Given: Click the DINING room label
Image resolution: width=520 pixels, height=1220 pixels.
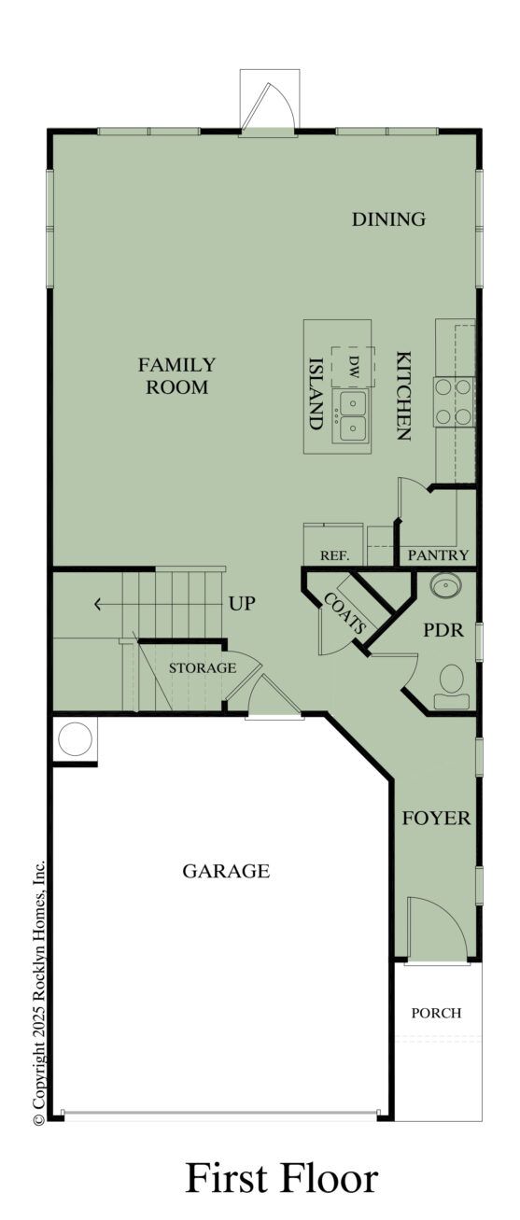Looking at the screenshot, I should (388, 219).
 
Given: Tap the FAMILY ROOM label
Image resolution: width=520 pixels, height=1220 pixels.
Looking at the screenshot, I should (176, 375).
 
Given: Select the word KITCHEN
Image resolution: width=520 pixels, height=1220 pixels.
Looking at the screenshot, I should (403, 395).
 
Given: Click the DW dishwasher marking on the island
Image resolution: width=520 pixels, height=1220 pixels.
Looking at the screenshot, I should (354, 367).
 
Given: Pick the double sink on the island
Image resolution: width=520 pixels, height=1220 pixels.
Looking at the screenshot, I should (353, 415).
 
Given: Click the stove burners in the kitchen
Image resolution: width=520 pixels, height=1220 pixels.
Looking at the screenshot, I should (455, 400).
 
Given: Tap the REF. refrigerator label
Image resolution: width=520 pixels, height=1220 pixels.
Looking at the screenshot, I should (334, 554).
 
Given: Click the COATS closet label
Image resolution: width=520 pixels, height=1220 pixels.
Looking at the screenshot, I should (344, 613).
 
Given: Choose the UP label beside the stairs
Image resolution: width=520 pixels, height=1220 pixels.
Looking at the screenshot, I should (242, 603).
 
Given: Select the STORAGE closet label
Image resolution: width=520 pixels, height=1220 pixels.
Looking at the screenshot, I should (202, 667).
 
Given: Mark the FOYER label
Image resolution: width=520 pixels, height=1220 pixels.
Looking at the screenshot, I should (435, 819).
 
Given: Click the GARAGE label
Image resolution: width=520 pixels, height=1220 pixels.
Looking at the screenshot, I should (225, 871).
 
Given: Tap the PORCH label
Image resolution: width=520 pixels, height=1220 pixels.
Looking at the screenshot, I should (437, 1013).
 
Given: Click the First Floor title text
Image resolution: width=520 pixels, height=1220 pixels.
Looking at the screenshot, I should (282, 1178).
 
